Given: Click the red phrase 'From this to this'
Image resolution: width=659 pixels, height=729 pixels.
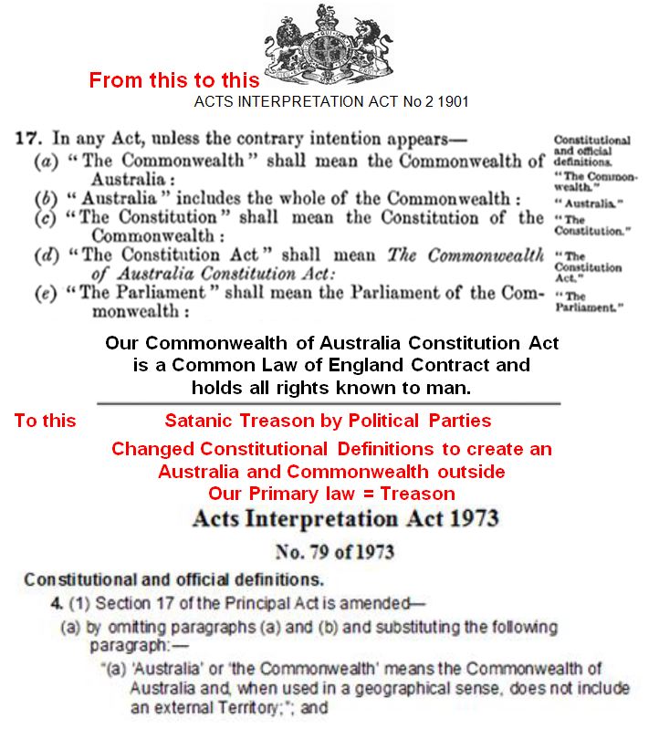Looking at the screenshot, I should click(173, 79).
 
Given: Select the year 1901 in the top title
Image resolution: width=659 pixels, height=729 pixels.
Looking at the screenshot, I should click(454, 101).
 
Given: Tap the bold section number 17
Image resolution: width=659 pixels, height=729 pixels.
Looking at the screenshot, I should click(27, 140).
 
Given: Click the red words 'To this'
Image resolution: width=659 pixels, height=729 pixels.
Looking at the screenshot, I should click(45, 421).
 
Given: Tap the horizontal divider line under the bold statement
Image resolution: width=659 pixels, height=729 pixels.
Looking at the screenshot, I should click(329, 401).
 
